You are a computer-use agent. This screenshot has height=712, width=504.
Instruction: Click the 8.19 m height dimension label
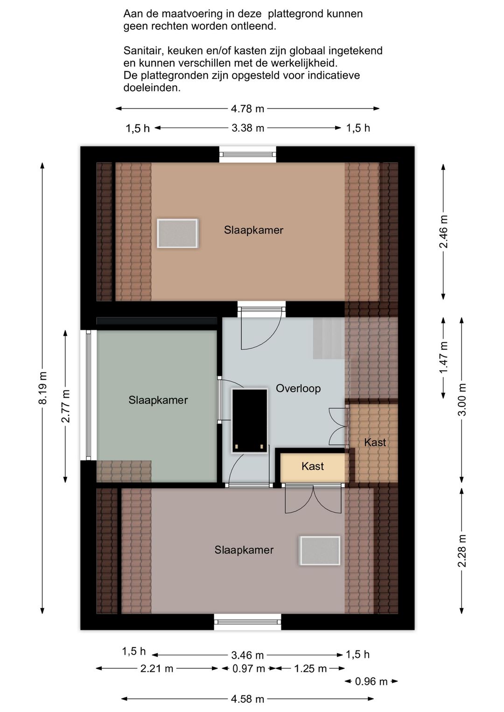point(42,387)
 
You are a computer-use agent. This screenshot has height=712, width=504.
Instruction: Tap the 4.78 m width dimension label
point(247,109)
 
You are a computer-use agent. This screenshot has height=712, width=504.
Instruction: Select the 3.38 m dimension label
point(248,128)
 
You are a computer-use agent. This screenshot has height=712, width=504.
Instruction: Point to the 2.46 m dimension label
point(443,231)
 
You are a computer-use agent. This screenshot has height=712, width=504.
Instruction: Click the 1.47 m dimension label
point(443,357)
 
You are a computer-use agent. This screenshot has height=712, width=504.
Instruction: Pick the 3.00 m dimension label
point(462,399)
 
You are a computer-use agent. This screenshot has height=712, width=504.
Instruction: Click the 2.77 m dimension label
point(65,406)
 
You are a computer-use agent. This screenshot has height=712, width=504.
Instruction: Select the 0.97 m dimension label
point(249,669)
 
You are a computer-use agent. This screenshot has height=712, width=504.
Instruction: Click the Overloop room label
point(298,388)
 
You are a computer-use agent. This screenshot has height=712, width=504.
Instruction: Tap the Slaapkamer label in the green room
point(158,400)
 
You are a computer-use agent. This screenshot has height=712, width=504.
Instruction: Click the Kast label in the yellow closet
point(313,466)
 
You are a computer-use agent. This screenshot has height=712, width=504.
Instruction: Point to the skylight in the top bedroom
point(177,233)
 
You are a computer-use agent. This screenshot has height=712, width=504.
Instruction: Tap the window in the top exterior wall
point(248,155)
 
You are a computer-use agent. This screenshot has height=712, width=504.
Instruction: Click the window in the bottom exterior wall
point(247,622)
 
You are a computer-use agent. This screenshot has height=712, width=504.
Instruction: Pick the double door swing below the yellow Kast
point(313,500)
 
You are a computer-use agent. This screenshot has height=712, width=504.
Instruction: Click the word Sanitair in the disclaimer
point(143,51)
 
